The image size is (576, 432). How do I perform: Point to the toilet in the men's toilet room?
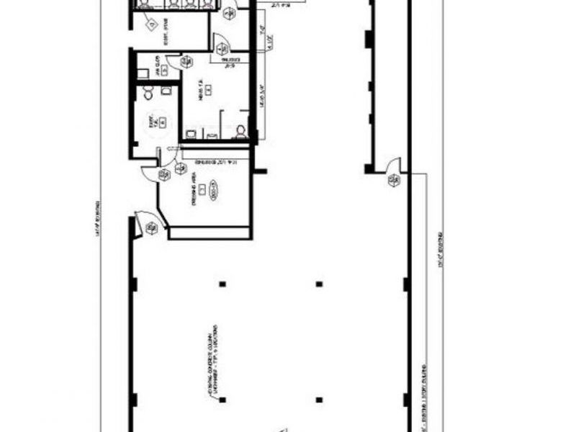click(x=241, y=130)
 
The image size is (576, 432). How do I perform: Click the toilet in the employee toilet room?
click(x=148, y=93)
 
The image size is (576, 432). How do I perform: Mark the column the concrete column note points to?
click(x=223, y=284)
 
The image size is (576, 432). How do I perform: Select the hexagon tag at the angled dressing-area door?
click(x=151, y=229)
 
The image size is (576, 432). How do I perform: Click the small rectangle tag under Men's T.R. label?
click(x=207, y=89)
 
